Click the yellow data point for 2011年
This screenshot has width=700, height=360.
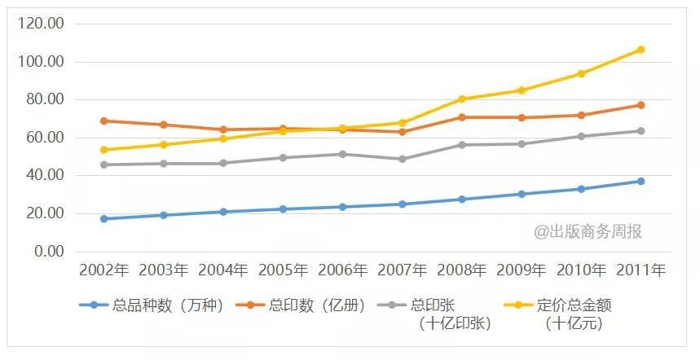(641, 50)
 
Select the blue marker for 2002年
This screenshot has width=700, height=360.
(103, 218)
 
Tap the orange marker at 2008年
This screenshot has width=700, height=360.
(462, 117)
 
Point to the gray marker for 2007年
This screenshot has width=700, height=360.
(402, 159)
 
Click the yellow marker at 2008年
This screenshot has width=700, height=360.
(462, 99)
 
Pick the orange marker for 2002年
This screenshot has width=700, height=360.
(103, 121)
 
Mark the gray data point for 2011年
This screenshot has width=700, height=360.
(641, 131)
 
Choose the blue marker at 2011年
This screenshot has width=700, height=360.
(641, 181)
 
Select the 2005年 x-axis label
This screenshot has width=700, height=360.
(283, 270)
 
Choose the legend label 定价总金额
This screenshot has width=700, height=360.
(575, 306)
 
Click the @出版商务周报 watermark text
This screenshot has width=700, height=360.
(588, 232)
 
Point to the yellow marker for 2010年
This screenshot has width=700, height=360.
(581, 74)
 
